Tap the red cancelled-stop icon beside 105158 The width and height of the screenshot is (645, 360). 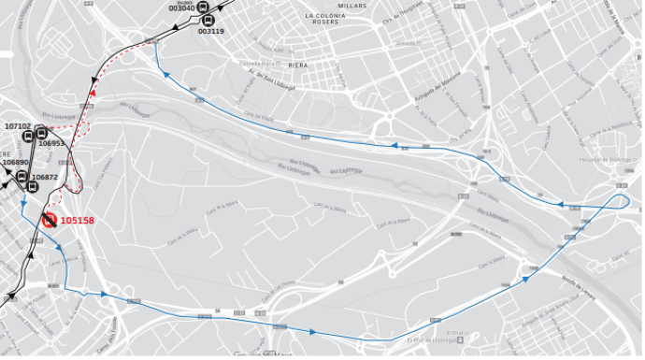click(x=49, y=221)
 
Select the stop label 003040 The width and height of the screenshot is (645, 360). click(x=183, y=8)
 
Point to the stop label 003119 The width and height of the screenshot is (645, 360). click(x=211, y=31)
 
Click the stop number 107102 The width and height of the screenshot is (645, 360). click(x=18, y=125)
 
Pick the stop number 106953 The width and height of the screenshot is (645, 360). click(x=52, y=143)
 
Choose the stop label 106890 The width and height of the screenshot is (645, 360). click(x=15, y=163)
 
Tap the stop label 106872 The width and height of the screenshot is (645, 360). click(x=45, y=177)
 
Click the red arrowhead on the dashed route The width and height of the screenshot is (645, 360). click(x=95, y=91)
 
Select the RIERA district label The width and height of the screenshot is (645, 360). click(x=299, y=65)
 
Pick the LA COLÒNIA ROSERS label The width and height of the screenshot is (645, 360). click(x=327, y=22)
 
